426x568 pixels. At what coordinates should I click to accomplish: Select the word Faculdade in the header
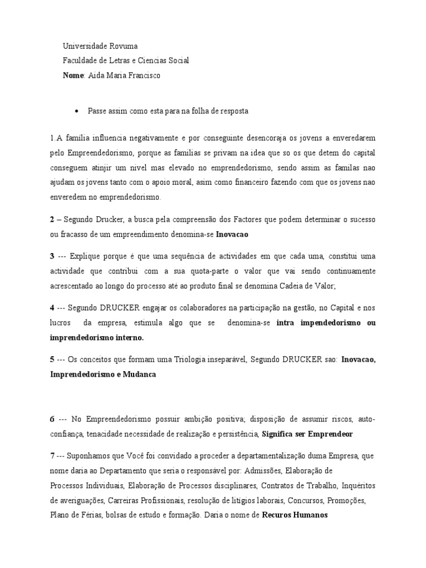click(x=81, y=60)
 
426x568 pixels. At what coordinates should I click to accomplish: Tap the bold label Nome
click(x=73, y=75)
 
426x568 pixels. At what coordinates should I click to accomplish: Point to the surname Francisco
click(x=144, y=75)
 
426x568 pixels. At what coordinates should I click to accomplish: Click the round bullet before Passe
click(x=77, y=111)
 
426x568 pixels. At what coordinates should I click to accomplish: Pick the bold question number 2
click(x=52, y=220)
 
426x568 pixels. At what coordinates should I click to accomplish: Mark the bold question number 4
click(x=52, y=308)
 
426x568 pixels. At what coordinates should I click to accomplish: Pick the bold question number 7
click(x=52, y=456)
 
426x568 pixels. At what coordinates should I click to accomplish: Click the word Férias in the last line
click(x=95, y=515)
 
